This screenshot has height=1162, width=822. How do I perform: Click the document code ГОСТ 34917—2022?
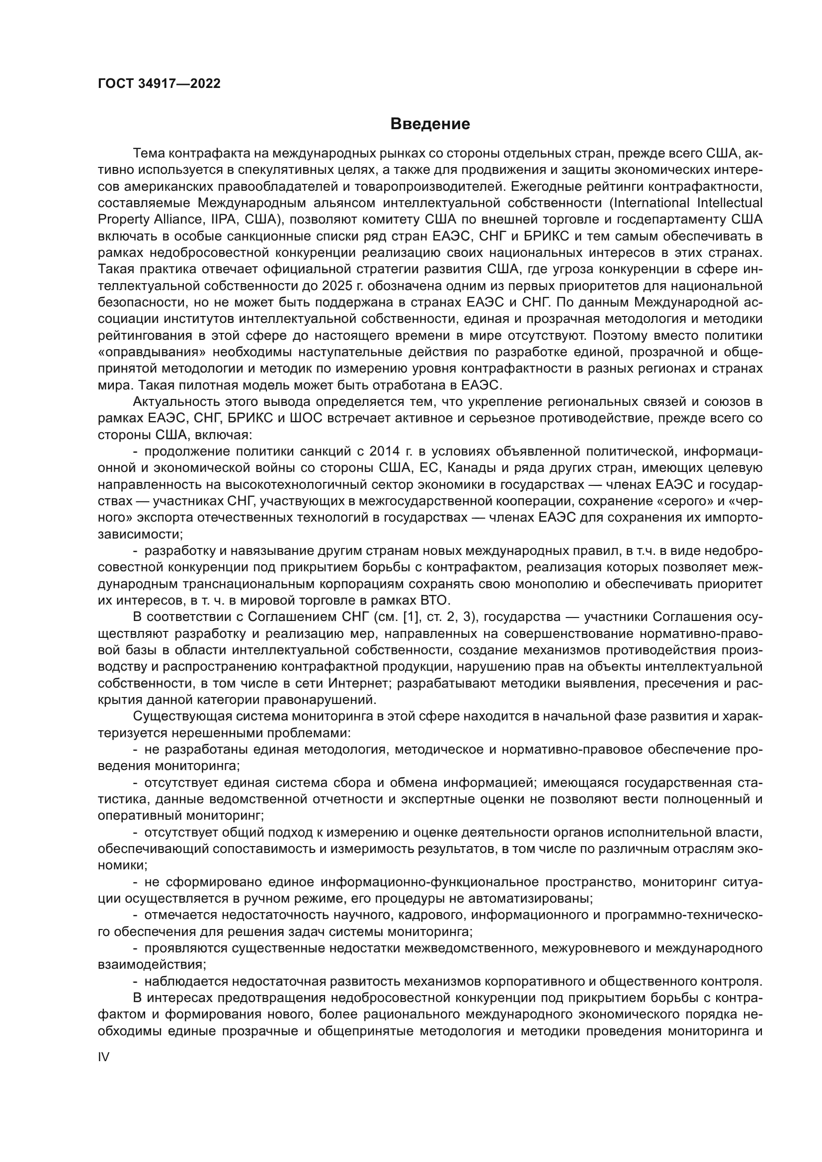[x=159, y=83]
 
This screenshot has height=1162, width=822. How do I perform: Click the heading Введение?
[x=430, y=124]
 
